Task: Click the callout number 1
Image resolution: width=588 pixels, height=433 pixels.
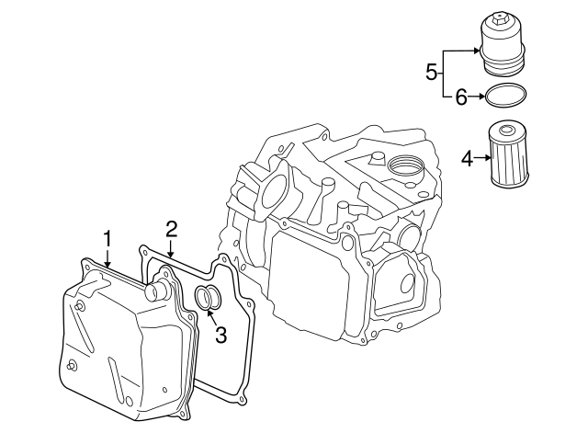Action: click(x=107, y=239)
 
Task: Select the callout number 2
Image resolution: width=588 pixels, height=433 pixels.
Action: click(x=171, y=228)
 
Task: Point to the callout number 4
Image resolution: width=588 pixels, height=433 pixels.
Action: click(x=467, y=158)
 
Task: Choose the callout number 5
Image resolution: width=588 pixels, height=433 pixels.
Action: click(x=431, y=72)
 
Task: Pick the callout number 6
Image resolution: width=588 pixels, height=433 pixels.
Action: click(x=462, y=95)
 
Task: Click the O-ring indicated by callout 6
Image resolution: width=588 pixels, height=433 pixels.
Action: click(x=506, y=95)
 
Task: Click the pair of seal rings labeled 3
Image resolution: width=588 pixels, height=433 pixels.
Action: click(x=208, y=298)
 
